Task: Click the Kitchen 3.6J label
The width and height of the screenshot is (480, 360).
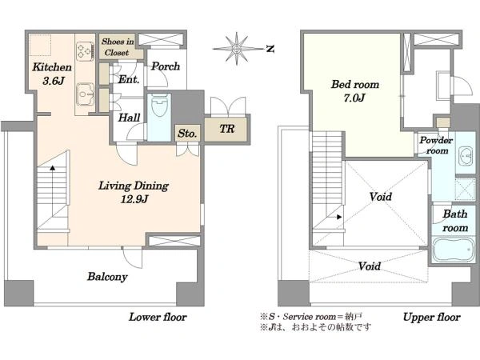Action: pyautogui.click(x=52, y=74)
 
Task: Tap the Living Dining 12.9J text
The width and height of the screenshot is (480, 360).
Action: pyautogui.click(x=134, y=192)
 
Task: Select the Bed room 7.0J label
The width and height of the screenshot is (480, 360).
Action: pyautogui.click(x=354, y=91)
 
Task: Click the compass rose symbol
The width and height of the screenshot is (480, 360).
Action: pyautogui.click(x=236, y=48)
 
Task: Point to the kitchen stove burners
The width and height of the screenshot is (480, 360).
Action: pyautogui.click(x=85, y=51)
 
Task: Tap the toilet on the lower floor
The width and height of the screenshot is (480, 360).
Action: pyautogui.click(x=159, y=106)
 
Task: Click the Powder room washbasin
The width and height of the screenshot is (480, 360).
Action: pyautogui.click(x=466, y=156)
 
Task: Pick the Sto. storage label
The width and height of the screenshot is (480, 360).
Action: pyautogui.click(x=187, y=134)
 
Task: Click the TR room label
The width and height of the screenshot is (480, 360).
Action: pyautogui.click(x=227, y=129)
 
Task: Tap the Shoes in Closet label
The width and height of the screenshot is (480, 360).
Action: pyautogui.click(x=118, y=47)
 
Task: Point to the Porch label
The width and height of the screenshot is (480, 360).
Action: pyautogui.click(x=166, y=66)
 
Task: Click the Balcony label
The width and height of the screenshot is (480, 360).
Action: pyautogui.click(x=107, y=277)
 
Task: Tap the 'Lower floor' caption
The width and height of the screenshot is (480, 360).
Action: pyautogui.click(x=158, y=317)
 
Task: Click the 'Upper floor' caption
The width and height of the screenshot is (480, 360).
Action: pyautogui.click(x=431, y=317)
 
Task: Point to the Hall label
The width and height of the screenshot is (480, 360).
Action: pyautogui.click(x=129, y=118)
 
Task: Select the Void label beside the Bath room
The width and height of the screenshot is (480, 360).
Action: pyautogui.click(x=381, y=196)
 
